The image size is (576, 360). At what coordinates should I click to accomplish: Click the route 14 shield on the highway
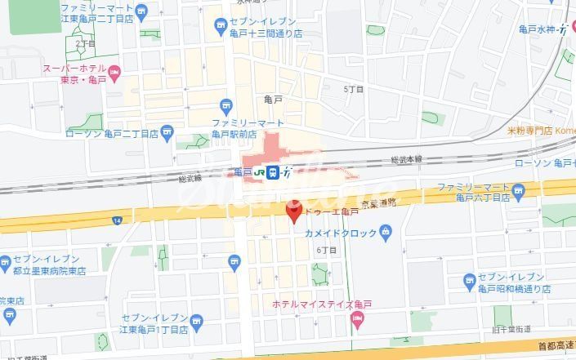117,221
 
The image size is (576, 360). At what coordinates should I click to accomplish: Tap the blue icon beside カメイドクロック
386,233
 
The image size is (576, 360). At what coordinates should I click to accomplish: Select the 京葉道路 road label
380,201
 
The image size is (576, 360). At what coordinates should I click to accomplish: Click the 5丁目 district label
353,88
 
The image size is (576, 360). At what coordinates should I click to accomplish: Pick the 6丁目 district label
327,250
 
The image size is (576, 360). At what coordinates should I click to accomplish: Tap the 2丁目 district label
85,42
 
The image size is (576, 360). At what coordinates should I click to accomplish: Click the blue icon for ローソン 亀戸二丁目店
167,131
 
